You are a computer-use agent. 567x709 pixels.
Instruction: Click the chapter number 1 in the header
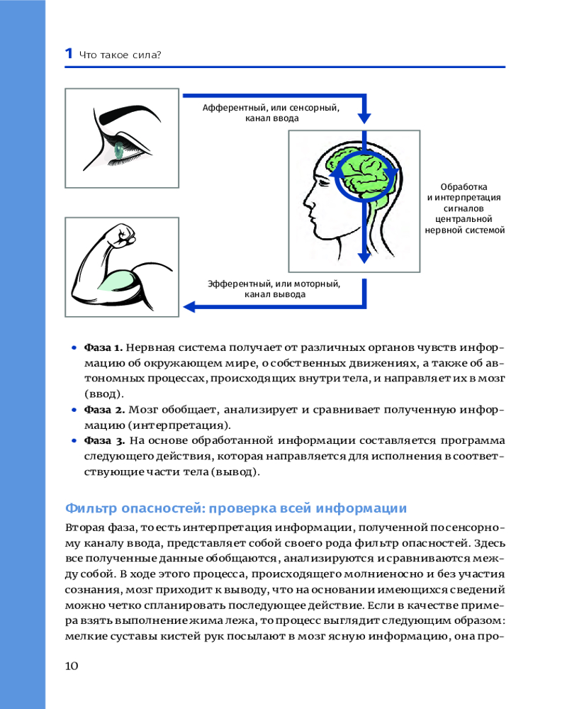coord(68,53)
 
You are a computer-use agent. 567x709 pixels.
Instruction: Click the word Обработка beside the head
coord(464,186)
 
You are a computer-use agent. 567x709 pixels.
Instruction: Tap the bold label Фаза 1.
coord(103,348)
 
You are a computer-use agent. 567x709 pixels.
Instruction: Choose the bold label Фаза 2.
coord(104,410)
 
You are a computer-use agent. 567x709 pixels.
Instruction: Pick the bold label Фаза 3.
coord(104,441)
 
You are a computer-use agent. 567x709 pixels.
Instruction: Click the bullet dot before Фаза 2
coord(74,410)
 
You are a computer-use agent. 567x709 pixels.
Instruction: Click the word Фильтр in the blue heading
coord(89,508)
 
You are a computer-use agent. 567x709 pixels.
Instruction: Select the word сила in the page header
coord(147,54)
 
